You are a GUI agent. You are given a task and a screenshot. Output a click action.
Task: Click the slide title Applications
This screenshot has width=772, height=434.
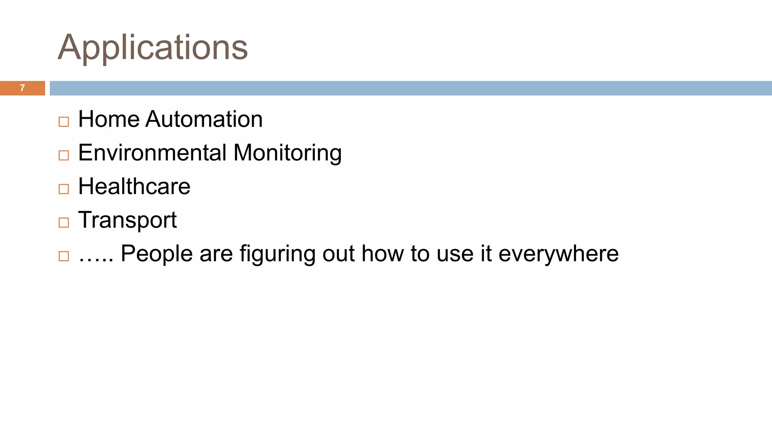pos(153,47)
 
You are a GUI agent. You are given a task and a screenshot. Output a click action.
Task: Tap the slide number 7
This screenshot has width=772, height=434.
pos(22,88)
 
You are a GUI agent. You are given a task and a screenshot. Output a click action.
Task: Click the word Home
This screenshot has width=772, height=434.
pos(109,119)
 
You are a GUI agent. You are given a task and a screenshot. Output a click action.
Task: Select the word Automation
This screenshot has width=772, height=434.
pos(204,119)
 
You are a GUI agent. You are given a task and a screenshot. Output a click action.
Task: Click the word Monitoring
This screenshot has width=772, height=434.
pos(287,154)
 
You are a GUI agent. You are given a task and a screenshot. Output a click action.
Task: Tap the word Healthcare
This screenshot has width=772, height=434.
pos(134,186)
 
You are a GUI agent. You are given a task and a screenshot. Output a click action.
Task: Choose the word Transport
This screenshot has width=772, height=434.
pos(127,220)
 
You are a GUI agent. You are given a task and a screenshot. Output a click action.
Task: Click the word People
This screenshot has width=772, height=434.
pos(156,254)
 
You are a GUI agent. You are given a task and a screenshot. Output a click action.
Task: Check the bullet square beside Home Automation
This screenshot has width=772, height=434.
pos(64,122)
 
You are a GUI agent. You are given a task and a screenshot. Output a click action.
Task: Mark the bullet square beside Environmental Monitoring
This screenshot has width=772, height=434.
pos(64,155)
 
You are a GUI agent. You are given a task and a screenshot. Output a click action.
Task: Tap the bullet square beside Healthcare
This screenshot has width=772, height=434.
pos(64,189)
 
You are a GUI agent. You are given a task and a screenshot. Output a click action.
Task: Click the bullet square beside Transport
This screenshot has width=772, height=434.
pos(64,222)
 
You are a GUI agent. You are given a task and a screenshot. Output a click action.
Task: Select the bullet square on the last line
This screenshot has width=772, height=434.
pos(64,256)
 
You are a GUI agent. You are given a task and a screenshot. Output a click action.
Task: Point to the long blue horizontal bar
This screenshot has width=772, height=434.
pos(411,88)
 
